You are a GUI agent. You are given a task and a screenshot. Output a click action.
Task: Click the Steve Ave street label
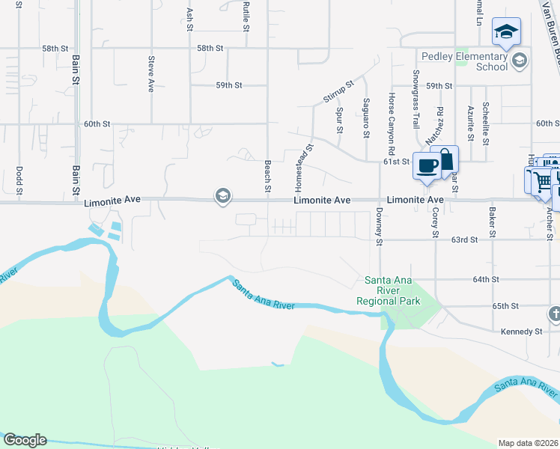pos(151,74)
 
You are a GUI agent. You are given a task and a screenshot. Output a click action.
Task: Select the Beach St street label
pos(267,176)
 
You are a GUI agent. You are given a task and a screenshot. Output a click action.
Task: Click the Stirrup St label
pos(338,91)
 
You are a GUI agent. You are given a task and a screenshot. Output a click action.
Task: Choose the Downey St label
pos(380,227)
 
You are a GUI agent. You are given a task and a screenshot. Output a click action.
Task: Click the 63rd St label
pos(464,240)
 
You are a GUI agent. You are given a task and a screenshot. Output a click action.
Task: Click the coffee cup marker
pos(427,165)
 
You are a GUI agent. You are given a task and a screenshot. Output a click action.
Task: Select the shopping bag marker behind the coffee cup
pos(446,158)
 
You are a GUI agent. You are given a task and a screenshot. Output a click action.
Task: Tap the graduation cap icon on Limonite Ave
pos(222,197)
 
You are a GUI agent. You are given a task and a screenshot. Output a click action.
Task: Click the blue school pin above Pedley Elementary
pos(506,31)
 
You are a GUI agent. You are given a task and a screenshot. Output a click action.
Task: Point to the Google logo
pos(25,440)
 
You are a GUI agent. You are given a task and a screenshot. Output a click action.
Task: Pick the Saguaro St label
pos(366,117)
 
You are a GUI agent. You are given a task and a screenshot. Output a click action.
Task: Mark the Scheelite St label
pos(486,121)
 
